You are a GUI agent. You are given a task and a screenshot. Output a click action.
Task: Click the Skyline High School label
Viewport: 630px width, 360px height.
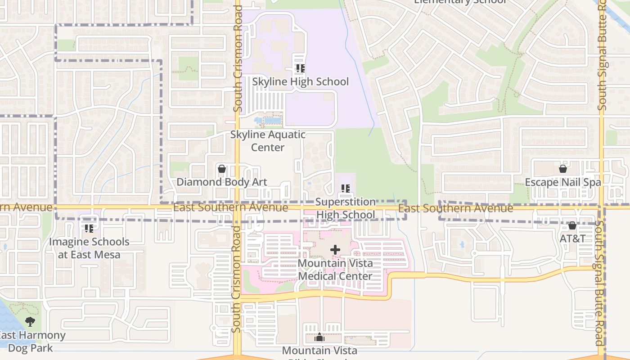(300, 81)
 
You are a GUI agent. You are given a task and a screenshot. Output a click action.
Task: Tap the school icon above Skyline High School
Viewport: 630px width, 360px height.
(300, 68)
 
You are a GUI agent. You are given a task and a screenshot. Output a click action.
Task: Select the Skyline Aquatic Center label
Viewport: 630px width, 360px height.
(268, 141)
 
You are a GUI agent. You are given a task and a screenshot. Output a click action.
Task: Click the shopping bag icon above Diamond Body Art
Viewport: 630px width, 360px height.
(221, 169)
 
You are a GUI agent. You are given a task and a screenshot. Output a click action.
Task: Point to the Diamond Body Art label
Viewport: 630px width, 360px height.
(221, 182)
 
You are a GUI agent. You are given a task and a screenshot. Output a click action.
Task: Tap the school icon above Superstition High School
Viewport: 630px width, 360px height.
(345, 189)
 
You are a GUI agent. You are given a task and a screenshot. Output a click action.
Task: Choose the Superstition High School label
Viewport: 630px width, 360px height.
(345, 208)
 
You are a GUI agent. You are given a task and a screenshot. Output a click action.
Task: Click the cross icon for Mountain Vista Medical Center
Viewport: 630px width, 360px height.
(335, 249)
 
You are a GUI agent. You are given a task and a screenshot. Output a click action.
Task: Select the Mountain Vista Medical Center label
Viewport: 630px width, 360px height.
(335, 269)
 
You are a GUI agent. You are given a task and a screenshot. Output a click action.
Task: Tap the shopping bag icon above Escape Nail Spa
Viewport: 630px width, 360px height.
(562, 169)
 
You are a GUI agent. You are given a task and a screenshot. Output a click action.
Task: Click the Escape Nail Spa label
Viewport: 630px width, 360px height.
(562, 182)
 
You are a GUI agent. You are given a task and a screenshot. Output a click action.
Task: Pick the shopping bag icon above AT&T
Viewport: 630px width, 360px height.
(572, 225)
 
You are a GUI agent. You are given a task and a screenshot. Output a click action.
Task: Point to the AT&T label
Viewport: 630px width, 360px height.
(572, 238)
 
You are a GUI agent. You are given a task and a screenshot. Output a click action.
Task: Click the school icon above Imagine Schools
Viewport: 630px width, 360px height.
(89, 228)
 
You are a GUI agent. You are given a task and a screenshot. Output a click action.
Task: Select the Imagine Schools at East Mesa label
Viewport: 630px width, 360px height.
(89, 248)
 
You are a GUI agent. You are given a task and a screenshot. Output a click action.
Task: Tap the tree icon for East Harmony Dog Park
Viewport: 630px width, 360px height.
(30, 321)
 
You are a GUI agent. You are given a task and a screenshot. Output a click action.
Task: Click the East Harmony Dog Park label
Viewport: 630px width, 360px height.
(31, 342)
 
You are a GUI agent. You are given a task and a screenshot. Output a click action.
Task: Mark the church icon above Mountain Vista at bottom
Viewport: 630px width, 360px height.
(319, 337)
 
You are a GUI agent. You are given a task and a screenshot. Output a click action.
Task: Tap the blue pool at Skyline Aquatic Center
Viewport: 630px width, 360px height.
(272, 120)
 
